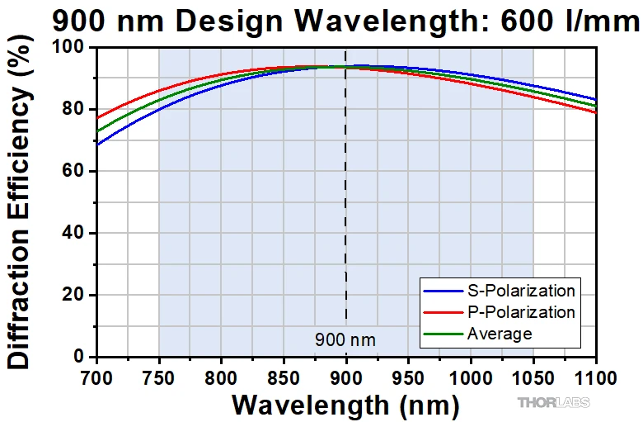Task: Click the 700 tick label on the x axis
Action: pyautogui.click(x=97, y=379)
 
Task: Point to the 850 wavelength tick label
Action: pyautogui.click(x=284, y=379)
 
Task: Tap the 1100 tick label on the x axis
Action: pyautogui.click(x=595, y=379)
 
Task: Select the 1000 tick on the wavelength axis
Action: pyautogui.click(x=471, y=379)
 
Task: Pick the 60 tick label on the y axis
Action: pyautogui.click(x=78, y=172)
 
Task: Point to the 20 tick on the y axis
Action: pyautogui.click(x=78, y=296)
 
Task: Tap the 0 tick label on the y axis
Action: pyautogui.click(x=83, y=358)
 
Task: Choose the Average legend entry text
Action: pyautogui.click(x=500, y=334)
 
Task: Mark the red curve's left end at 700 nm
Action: pyautogui.click(x=97, y=118)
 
